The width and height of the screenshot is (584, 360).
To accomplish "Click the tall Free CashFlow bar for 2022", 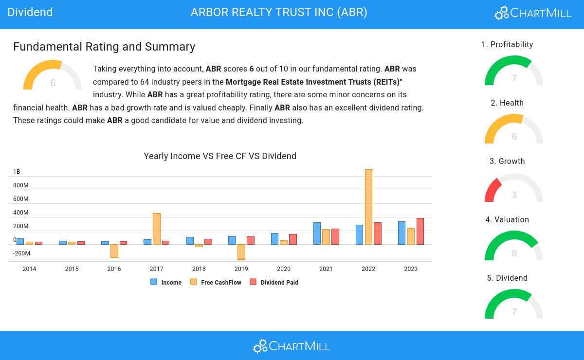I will (x=368, y=207).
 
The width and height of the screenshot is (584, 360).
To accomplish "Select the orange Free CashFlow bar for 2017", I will (x=156, y=229).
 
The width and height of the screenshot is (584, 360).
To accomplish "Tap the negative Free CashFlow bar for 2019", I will (x=241, y=252).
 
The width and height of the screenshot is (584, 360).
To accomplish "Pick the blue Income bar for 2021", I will (x=317, y=234).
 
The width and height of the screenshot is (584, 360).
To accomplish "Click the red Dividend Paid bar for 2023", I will (x=420, y=231).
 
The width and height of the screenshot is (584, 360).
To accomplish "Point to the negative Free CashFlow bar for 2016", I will (x=114, y=251).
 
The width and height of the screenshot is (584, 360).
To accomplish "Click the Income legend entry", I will (x=166, y=282).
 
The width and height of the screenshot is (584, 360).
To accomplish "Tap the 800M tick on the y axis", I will (x=20, y=185).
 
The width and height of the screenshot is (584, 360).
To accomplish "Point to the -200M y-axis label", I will (x=21, y=253).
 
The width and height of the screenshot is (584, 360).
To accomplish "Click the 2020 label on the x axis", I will (x=284, y=269).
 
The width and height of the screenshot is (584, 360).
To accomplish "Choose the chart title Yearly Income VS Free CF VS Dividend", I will (x=220, y=156).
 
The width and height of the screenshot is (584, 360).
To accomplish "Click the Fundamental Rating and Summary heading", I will (x=104, y=47).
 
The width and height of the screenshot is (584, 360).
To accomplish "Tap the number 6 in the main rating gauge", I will (x=53, y=83).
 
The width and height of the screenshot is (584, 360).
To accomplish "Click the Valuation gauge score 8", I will (x=514, y=253).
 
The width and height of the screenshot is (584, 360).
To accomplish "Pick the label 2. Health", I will (x=507, y=103).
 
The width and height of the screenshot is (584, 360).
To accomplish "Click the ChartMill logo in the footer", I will (x=292, y=346).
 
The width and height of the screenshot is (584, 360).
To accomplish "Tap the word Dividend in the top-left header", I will (x=30, y=12).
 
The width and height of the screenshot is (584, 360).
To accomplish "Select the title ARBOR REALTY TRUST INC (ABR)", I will (x=279, y=12).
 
